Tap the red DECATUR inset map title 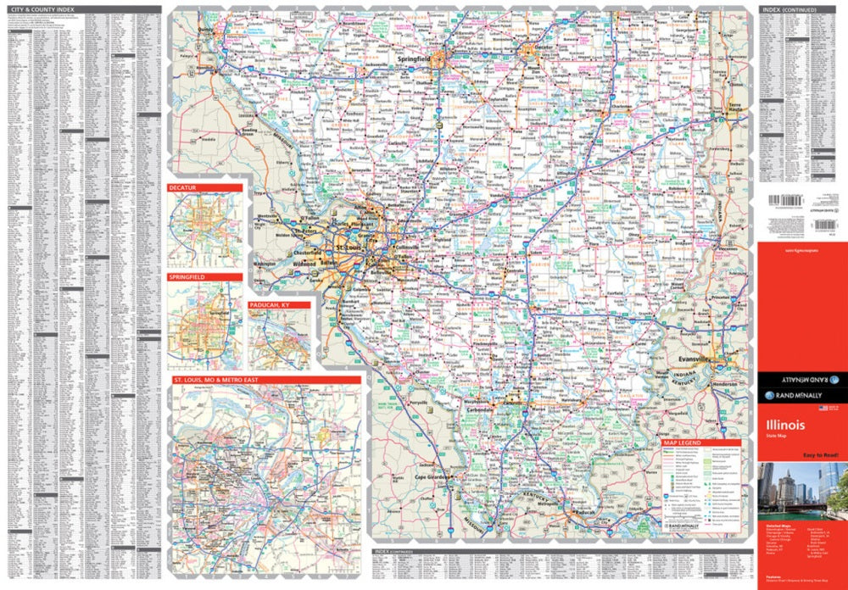pos(182,188)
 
